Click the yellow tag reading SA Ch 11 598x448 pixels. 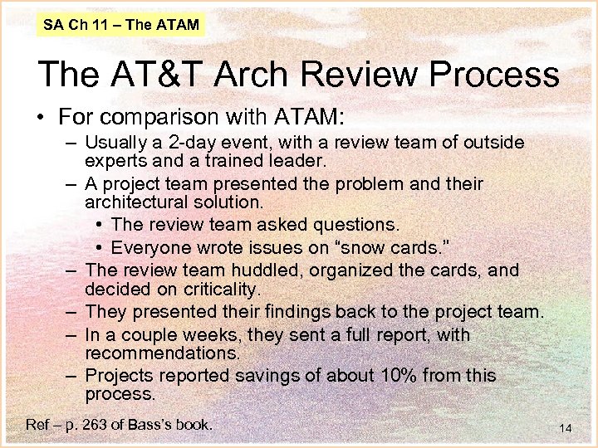click(121, 25)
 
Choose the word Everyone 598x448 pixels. click(150, 247)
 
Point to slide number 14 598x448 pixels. click(566, 428)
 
